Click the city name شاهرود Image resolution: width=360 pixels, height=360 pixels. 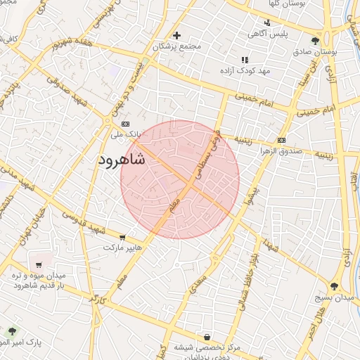[x=119, y=160]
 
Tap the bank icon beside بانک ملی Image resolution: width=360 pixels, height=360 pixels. [x=126, y=124]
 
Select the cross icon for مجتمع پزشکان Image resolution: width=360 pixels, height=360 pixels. [x=176, y=35]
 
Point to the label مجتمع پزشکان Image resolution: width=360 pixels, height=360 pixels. [x=176, y=46]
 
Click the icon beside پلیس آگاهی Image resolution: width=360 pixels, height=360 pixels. [x=266, y=22]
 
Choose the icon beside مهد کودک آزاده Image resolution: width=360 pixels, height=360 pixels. [x=244, y=60]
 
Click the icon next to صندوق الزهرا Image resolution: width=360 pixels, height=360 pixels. [x=281, y=139]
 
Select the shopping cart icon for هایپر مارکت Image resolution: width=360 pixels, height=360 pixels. [x=123, y=238]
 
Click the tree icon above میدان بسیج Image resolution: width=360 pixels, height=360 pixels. [x=334, y=286]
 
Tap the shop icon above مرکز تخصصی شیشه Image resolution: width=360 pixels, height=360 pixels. [x=207, y=337]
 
